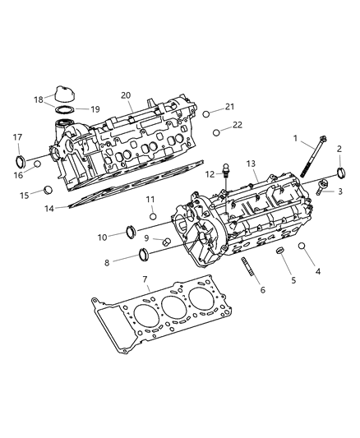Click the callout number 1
coord(295,139)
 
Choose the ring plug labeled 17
coord(21,158)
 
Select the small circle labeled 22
coord(216,131)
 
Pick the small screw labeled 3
coord(321,187)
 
